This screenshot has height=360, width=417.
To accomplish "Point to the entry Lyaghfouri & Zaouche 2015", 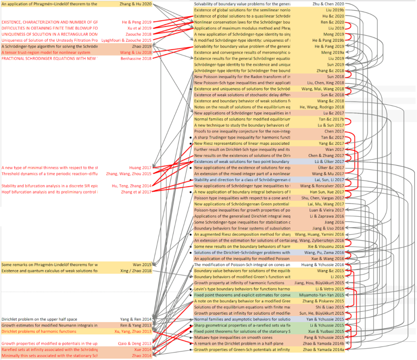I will coord(127,40).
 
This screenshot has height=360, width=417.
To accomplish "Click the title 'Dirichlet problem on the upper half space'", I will coord(39,319).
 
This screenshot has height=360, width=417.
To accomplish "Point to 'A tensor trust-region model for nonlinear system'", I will coord(46,53).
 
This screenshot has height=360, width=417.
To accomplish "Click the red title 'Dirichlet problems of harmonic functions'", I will coord(39,331).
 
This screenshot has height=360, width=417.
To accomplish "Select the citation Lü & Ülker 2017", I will coord(329,161).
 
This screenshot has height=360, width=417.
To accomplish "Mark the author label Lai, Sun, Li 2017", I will coord(329,180).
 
